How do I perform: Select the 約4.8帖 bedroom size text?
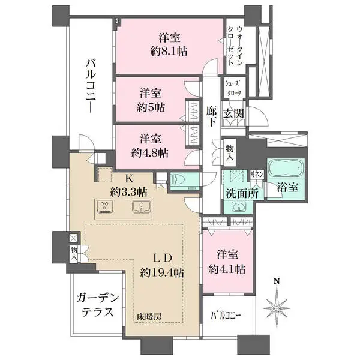tap(150, 151)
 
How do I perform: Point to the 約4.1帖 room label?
tap(226, 269)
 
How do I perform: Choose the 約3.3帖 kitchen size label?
tap(128, 192)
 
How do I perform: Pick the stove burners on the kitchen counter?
tap(104, 208)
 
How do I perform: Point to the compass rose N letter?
tap(277, 280)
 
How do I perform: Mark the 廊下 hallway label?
tap(211, 116)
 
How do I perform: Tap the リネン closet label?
tap(257, 173)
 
